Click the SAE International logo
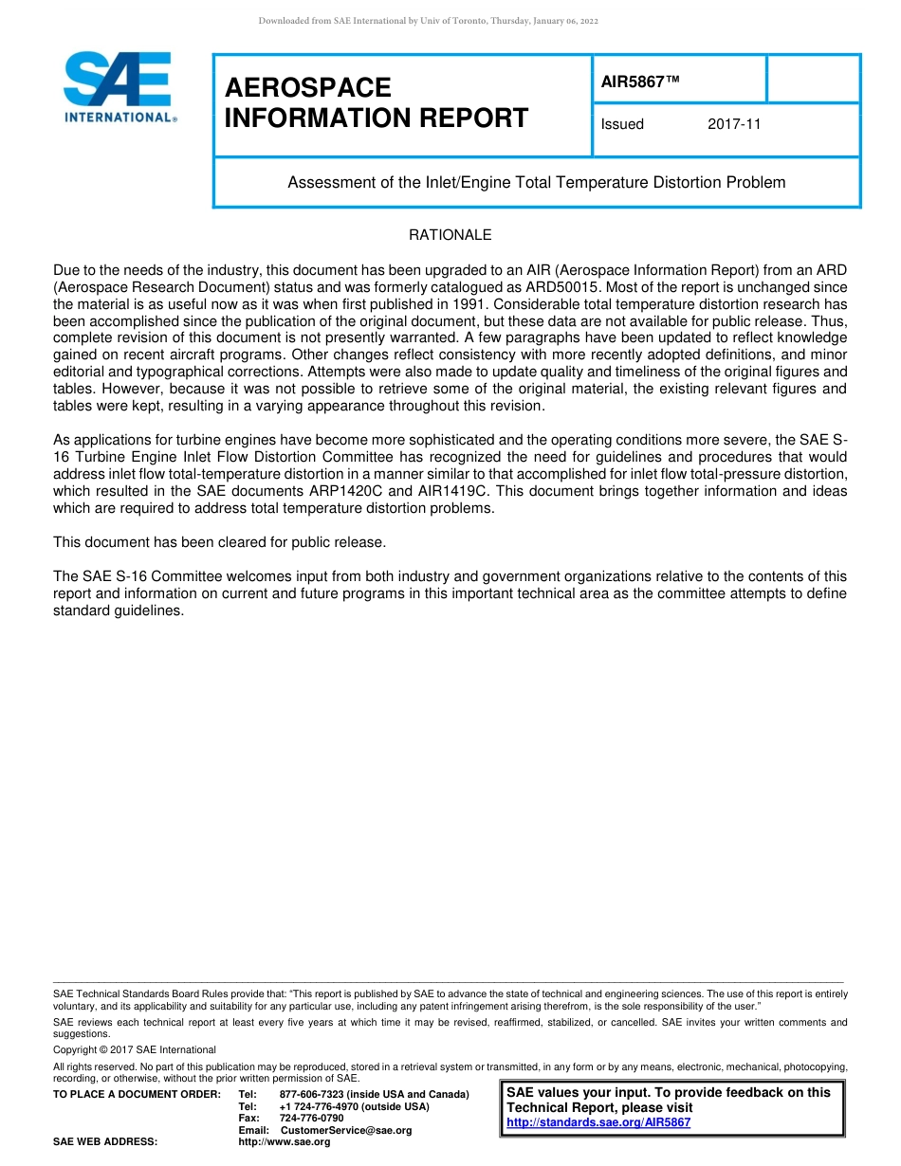[x=118, y=87]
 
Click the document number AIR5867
[x=640, y=82]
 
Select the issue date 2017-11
[x=734, y=124]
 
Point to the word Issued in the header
[x=622, y=124]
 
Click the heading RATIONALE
[x=450, y=235]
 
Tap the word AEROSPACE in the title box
[x=308, y=88]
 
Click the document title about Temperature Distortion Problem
[x=536, y=182]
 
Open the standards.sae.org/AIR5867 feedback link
[x=598, y=1122]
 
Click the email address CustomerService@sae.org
[x=346, y=1130]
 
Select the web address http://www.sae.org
[x=285, y=1142]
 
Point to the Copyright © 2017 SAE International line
[x=135, y=1049]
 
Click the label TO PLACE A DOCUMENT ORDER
[x=137, y=1095]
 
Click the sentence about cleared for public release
[x=219, y=542]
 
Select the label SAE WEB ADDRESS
[x=105, y=1142]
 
